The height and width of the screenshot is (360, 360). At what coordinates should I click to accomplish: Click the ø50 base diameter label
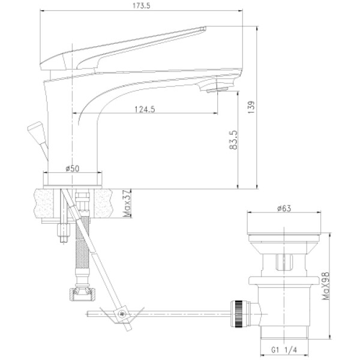74,169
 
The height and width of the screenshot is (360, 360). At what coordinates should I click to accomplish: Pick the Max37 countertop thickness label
127,204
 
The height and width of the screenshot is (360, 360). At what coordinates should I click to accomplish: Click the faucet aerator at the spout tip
215,91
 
